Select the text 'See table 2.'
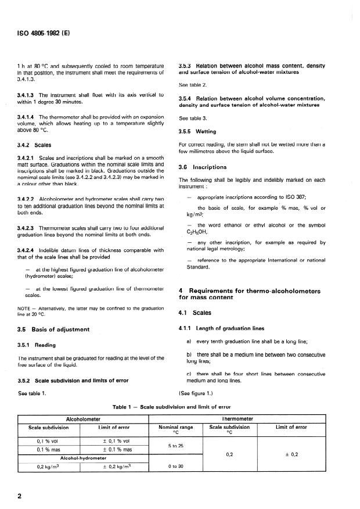point(192,85)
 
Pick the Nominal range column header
point(175,429)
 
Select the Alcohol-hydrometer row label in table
point(82,458)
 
